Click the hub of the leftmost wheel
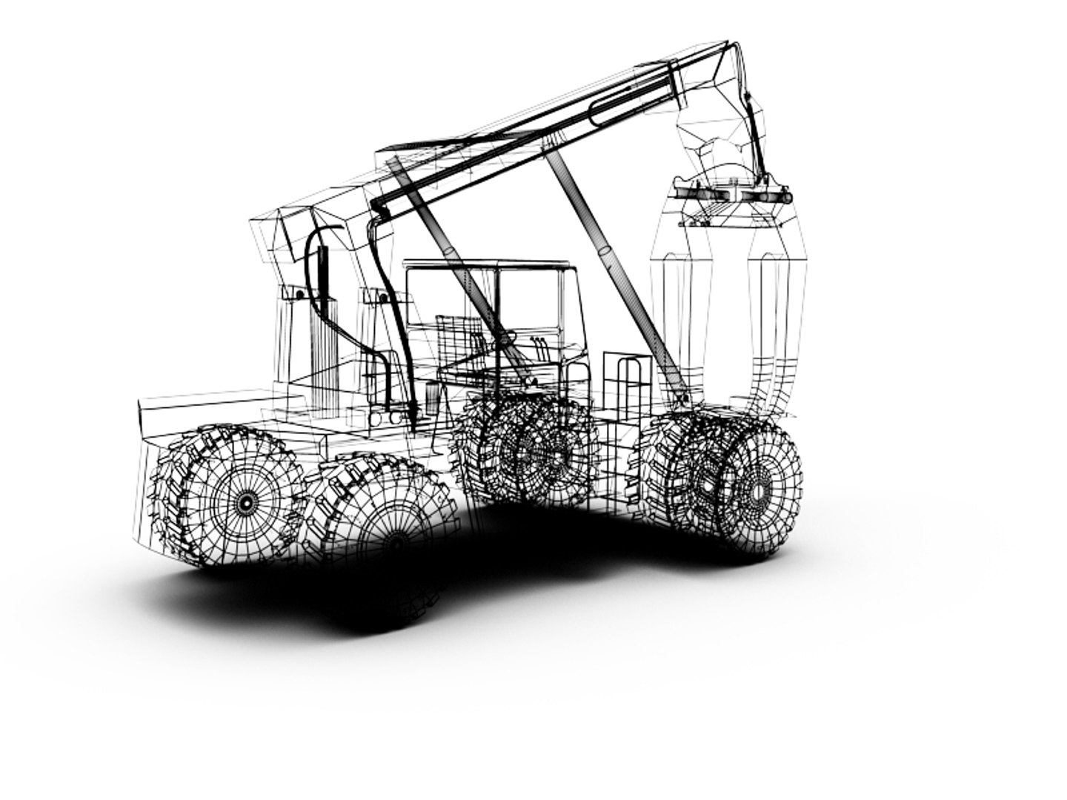click(245, 501)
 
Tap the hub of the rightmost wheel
click(757, 490)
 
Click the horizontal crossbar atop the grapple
click(732, 195)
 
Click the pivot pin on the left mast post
click(299, 294)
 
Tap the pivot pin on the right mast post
click(382, 298)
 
